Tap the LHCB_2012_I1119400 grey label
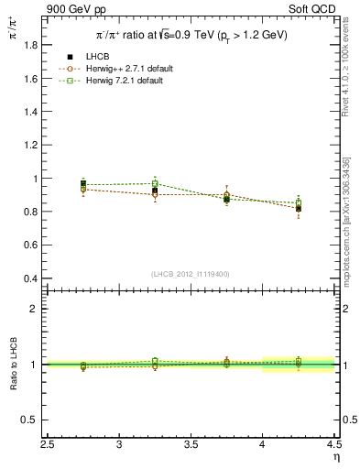click(x=191, y=274)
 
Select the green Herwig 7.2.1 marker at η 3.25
click(x=155, y=184)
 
